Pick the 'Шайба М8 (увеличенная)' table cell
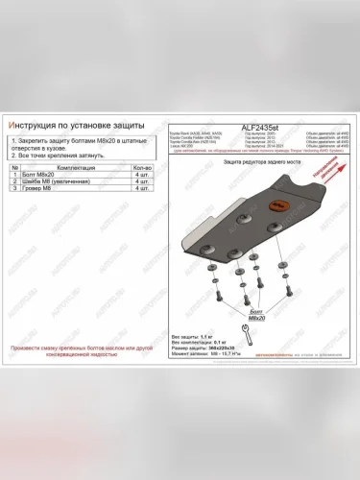click(57, 182)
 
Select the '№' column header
click(12, 167)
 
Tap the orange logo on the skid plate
click(281, 204)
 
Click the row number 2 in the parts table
click(12, 182)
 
